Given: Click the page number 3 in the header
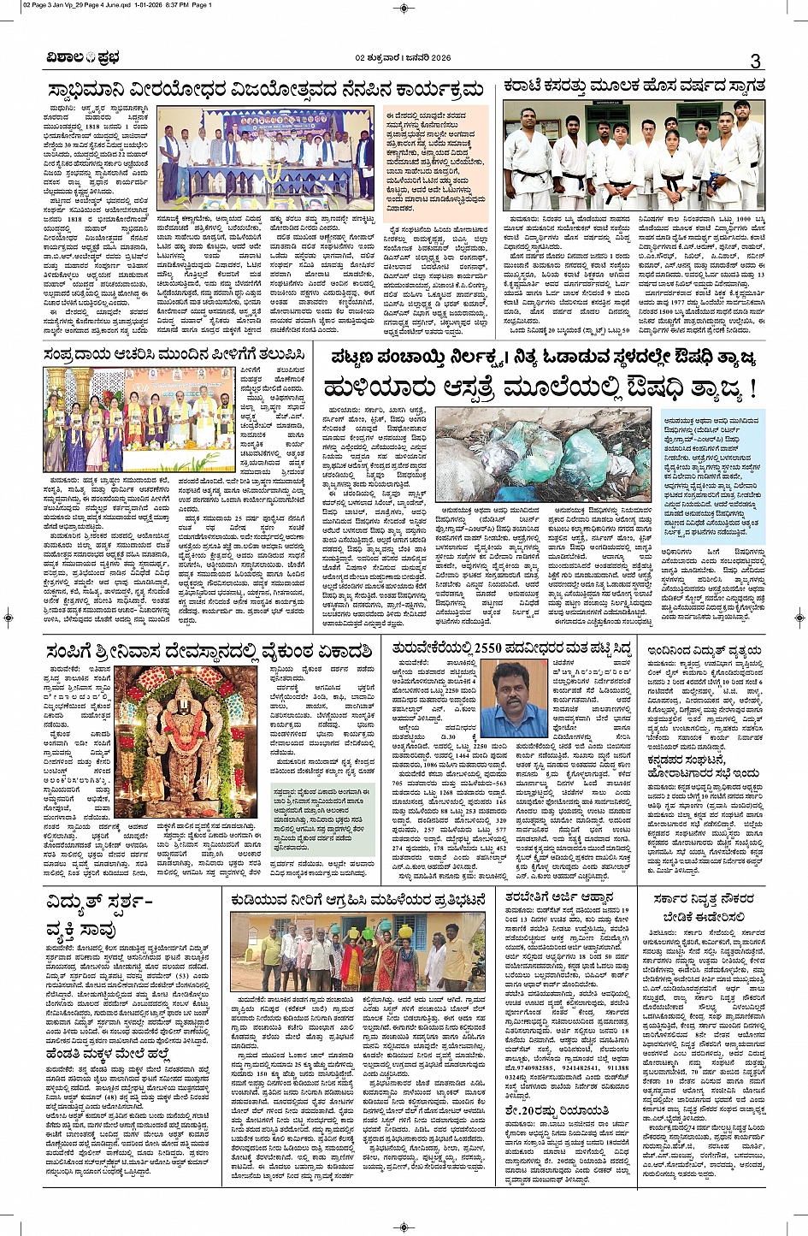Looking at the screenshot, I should [x=755, y=61].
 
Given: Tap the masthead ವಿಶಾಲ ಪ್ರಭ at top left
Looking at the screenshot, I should [x=84, y=58].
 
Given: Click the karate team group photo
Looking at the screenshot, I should [x=633, y=156].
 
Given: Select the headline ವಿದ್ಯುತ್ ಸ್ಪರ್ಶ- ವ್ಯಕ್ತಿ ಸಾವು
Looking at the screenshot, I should [x=99, y=914].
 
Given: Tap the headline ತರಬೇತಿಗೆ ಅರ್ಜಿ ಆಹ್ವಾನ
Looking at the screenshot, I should [x=558, y=897].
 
